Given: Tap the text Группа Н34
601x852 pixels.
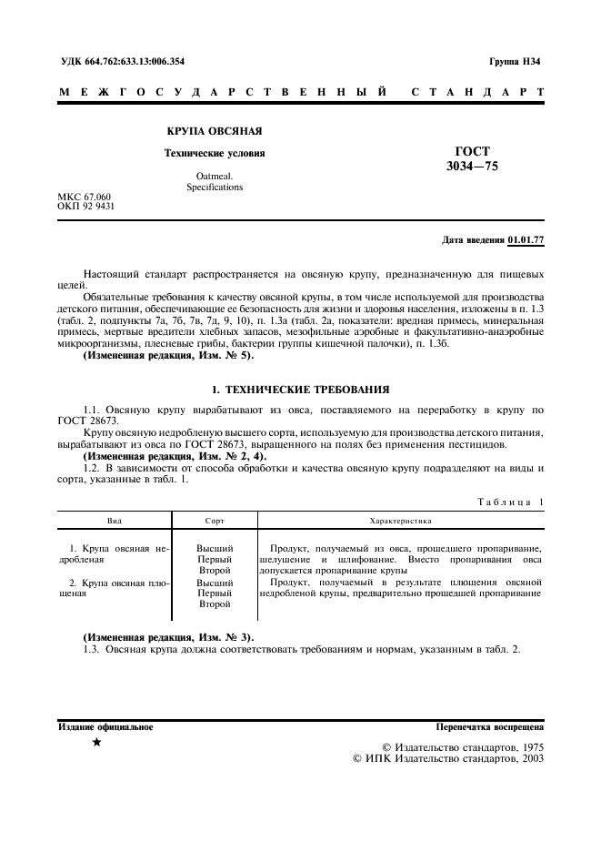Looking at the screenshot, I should pos(515,62).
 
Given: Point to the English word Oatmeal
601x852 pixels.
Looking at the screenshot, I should pos(215,176).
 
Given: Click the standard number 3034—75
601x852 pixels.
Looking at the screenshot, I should pos(472,167).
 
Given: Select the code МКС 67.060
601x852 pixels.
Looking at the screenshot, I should pos(84,197).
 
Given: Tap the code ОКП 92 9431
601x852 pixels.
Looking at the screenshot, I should pos(86,207).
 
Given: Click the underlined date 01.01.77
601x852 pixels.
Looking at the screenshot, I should pos(526,239).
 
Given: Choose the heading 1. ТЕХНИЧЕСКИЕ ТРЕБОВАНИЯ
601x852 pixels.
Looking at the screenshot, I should pos(300,389).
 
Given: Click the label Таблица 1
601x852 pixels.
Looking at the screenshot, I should pos(510,502).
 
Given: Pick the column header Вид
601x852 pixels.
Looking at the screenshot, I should pos(115,521).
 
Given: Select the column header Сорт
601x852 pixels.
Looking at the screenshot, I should pos(215,521).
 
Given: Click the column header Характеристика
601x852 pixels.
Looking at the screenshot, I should pos(401,521).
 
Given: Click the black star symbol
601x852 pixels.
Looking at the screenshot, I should pos(96,744).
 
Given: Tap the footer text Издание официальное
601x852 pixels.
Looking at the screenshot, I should pos(105,727).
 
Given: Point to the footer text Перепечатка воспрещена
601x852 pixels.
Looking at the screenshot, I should pos(490,727).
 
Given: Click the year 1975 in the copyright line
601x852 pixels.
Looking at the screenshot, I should pos(528,745).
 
